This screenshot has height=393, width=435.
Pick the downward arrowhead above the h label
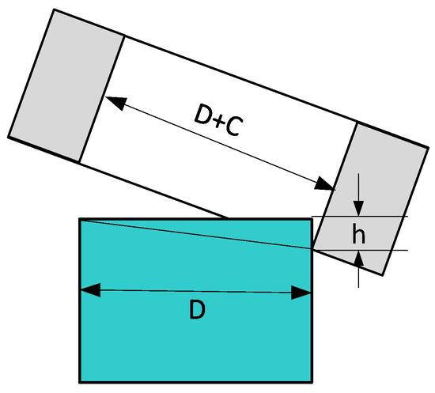pos(359,209)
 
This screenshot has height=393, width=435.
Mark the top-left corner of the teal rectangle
pos(81,219)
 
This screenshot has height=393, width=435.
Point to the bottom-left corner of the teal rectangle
pos(81,382)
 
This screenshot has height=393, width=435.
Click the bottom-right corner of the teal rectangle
pos(312,382)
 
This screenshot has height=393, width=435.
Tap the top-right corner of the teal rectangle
pos(312,219)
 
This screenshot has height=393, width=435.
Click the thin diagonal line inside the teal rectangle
pos(198,235)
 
